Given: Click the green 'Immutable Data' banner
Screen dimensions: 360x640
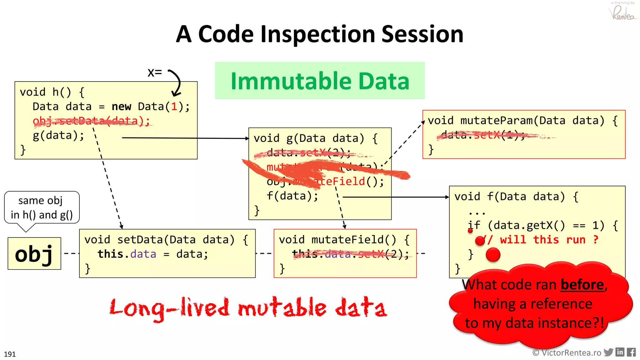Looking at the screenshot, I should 320,81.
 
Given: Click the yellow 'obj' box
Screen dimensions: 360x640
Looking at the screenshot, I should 34,253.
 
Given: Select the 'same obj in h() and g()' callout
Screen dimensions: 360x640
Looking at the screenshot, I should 42,208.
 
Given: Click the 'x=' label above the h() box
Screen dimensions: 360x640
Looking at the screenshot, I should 155,72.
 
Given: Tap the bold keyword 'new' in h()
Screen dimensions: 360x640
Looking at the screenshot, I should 121,107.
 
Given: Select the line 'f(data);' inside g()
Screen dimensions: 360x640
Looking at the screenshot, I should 292,196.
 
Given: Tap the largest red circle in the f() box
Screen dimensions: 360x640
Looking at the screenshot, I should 493,254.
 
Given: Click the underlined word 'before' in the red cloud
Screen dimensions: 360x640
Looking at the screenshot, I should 582,285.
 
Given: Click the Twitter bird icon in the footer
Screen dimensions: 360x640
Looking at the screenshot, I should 608,352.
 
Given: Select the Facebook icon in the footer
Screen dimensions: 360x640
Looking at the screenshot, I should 631,352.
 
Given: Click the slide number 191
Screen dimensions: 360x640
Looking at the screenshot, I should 10,354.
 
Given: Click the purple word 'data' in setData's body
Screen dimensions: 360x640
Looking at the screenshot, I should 143,254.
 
